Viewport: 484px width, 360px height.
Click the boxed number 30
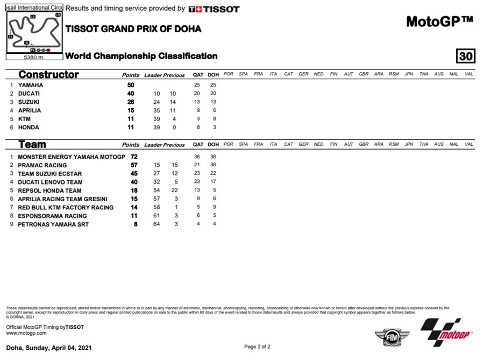click(x=465, y=57)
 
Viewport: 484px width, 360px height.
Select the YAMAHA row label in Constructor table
click(x=31, y=85)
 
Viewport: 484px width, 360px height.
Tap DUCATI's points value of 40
click(x=130, y=94)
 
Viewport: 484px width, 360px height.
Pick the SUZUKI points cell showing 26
click(x=130, y=102)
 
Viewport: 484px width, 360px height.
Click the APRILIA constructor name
click(x=30, y=110)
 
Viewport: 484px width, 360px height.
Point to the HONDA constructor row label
click(x=28, y=128)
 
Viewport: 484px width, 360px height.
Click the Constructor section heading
click(x=48, y=75)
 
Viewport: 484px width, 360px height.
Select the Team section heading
click(x=32, y=145)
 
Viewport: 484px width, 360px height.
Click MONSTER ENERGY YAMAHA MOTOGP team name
click(x=72, y=157)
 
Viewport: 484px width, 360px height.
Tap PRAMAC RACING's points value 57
click(x=134, y=165)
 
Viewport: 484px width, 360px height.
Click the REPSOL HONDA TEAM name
click(x=49, y=190)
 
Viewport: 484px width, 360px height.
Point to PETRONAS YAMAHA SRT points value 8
click(x=136, y=224)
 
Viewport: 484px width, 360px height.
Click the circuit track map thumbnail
click(x=34, y=32)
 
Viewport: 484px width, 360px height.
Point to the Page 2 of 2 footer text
click(x=257, y=347)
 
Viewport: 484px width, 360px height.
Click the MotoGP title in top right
click(x=439, y=22)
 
